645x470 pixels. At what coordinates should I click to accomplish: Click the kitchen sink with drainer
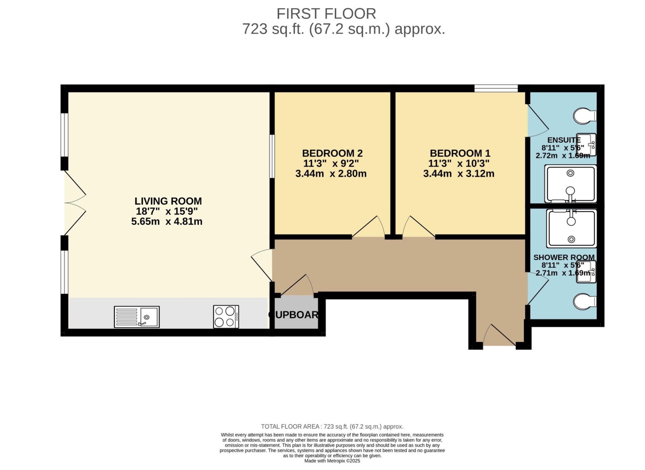[137, 317]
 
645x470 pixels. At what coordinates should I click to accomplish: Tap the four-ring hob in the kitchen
[226, 317]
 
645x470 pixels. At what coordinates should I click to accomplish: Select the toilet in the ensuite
[585, 116]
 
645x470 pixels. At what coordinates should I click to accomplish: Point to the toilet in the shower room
[585, 301]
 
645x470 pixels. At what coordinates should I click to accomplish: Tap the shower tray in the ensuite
[570, 184]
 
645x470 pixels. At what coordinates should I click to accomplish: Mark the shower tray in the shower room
[571, 229]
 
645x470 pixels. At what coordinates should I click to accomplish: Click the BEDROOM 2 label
[332, 153]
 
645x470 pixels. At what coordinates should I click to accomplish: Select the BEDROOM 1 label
[460, 153]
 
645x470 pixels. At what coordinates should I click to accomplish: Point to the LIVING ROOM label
[168, 201]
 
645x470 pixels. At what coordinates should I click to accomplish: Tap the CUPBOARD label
[293, 315]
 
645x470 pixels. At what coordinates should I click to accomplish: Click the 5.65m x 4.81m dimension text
[167, 221]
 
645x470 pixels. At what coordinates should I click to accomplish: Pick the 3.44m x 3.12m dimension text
[459, 174]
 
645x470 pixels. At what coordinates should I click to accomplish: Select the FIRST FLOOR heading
[326, 14]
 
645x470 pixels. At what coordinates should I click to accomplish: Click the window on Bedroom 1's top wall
[496, 88]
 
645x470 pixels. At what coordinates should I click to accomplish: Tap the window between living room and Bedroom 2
[272, 156]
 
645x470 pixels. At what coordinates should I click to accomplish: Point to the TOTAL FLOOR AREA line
[332, 427]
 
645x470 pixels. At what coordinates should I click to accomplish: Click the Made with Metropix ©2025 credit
[332, 461]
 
